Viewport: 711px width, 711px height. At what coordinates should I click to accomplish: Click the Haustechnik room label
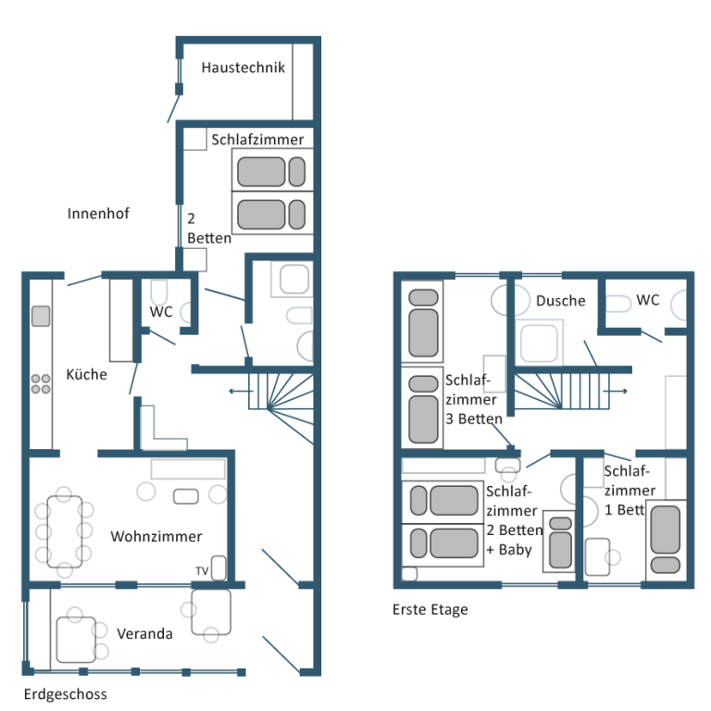243,68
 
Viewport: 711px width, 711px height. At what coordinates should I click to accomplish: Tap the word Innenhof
98,213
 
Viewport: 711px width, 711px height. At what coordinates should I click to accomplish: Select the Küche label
87,374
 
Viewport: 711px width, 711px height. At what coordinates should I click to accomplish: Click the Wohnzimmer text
156,536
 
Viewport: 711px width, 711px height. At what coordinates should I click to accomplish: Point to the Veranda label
144,633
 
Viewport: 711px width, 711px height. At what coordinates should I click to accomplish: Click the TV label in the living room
202,571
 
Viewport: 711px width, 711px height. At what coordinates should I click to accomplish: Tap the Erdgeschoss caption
66,694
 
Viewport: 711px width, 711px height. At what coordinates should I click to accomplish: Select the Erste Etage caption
430,609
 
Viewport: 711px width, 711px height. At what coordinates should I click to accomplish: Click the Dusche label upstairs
560,301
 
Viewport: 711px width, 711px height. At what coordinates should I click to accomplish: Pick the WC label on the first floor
647,300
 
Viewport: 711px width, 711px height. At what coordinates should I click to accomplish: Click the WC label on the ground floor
161,311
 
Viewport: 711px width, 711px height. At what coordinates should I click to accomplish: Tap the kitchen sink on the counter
41,316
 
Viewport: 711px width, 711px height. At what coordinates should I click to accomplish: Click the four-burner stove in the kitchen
41,383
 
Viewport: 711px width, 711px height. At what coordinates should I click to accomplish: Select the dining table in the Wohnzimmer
65,531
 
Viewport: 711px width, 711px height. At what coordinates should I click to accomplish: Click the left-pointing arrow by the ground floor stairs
241,391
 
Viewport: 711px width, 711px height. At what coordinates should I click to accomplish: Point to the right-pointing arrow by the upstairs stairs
616,391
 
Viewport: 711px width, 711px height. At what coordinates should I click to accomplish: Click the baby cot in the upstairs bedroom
559,542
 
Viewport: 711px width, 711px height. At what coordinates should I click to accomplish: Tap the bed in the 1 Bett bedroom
666,540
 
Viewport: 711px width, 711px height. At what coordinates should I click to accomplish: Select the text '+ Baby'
509,550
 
